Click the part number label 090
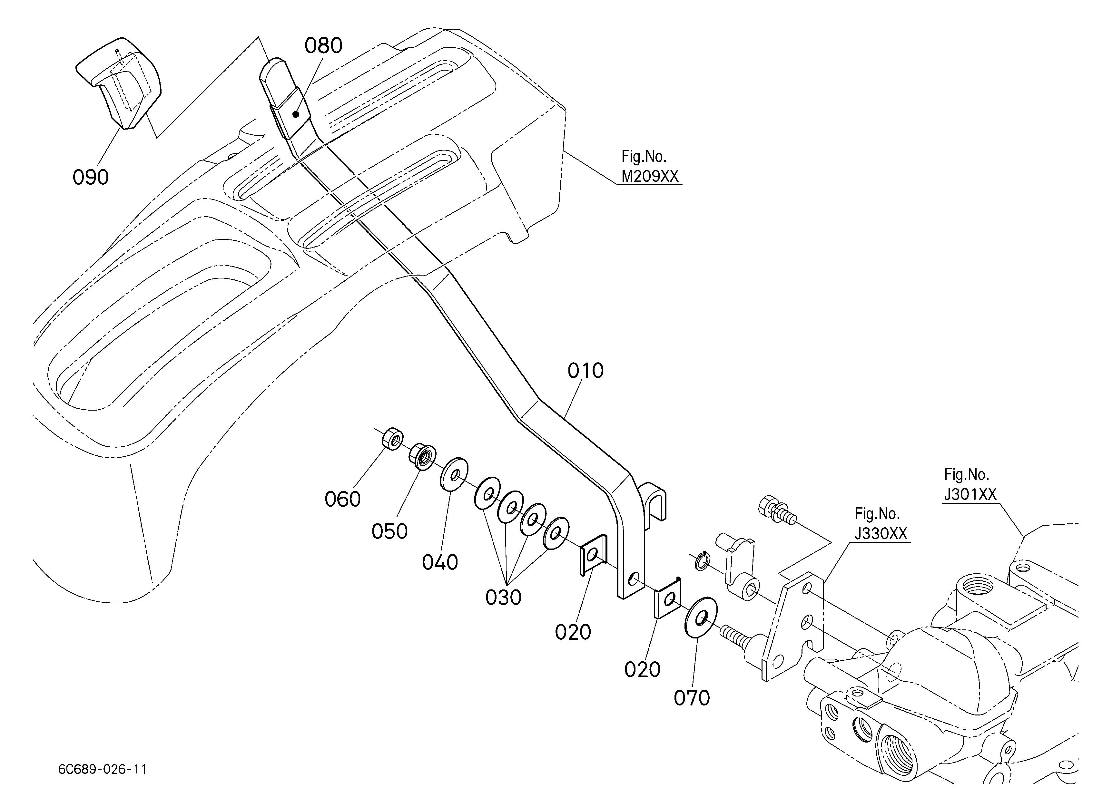[91, 177]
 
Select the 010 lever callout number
[586, 371]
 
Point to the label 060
[343, 499]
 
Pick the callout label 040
[440, 562]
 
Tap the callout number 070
[692, 698]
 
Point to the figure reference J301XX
[970, 494]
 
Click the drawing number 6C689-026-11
[103, 769]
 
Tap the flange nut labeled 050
[422, 456]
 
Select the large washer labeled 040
[454, 473]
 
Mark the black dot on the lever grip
[296, 115]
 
